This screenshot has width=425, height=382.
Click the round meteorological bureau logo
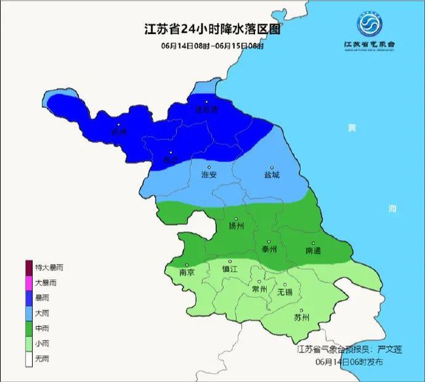371,26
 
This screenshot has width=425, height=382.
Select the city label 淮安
209,175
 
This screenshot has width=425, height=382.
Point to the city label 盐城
271,175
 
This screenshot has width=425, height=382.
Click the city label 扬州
236,226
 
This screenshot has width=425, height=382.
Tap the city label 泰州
269,249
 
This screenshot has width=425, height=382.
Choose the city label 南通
313,251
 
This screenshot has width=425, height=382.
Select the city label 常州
260,289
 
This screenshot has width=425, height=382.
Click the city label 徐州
118,131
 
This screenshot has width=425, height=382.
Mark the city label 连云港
207,109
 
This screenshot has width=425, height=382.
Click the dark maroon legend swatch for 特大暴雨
28,268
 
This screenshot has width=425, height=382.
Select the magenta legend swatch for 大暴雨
28,283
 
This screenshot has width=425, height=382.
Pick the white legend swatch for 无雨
28,358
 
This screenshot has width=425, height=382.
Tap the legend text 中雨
42,328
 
